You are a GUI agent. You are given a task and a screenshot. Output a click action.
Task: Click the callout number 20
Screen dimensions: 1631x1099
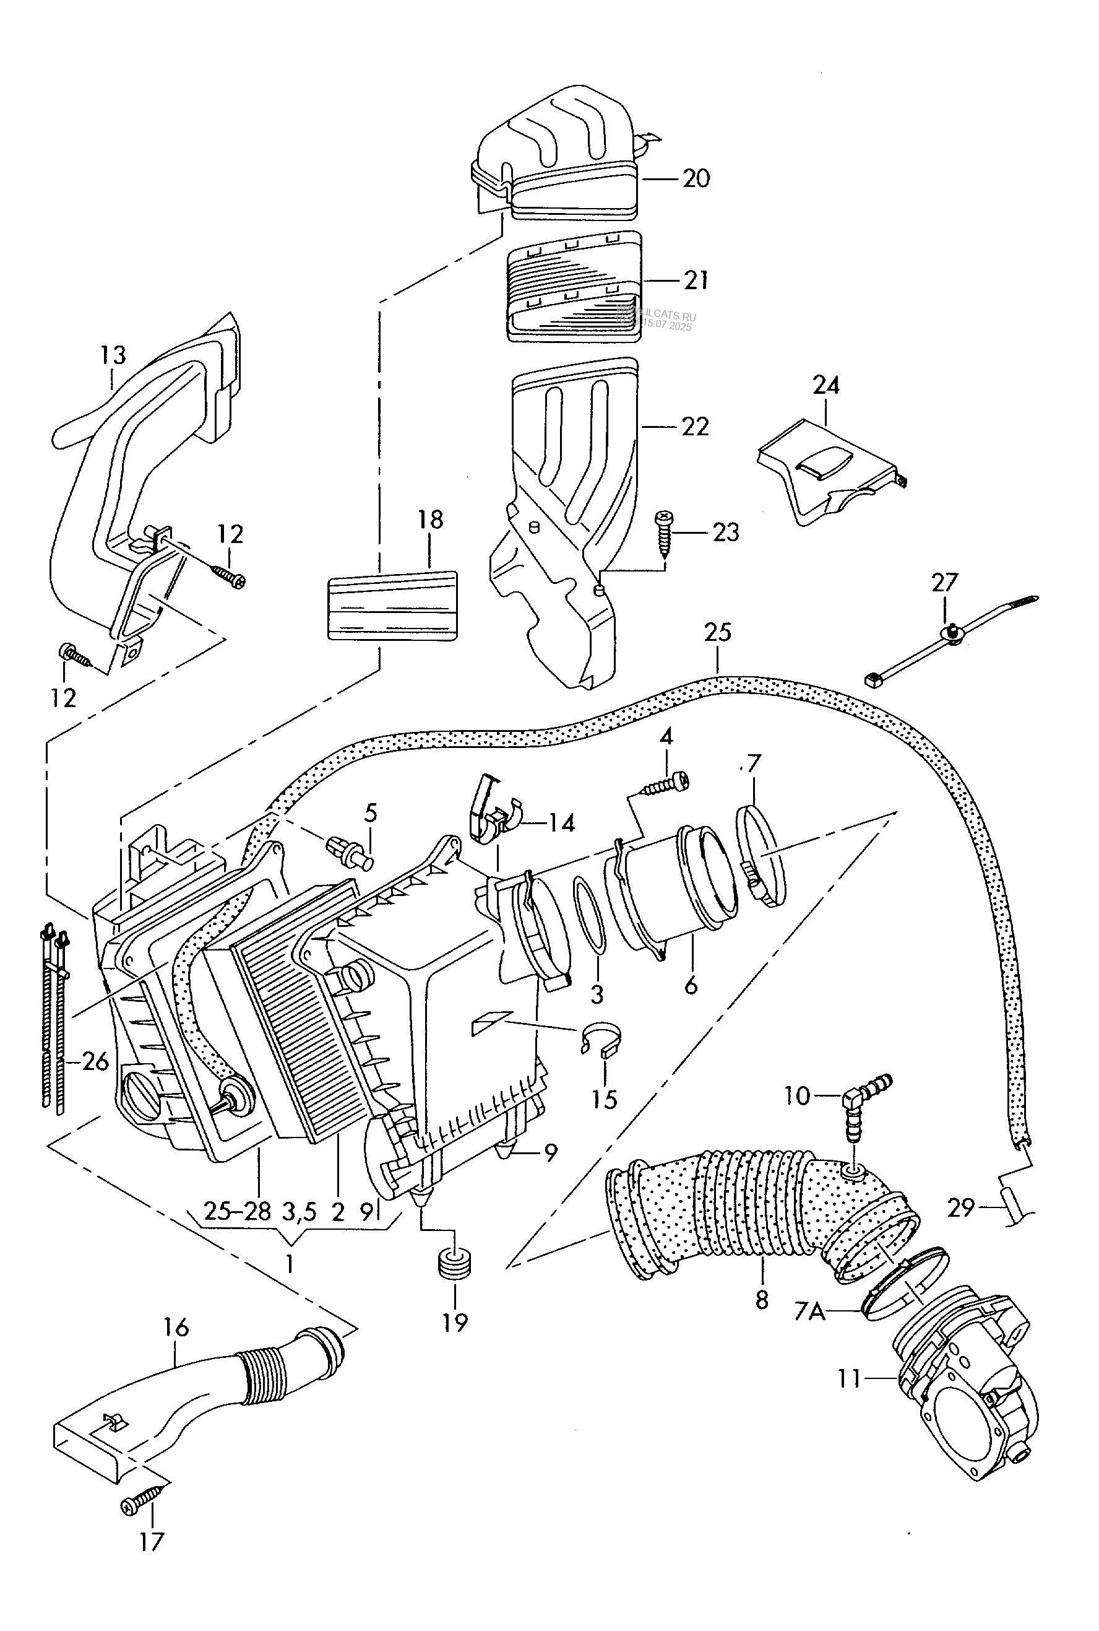tap(696, 179)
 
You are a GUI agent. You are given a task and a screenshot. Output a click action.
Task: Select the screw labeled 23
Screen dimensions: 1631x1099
tap(662, 533)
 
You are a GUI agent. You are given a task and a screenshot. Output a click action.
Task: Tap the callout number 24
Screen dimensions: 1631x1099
tap(825, 386)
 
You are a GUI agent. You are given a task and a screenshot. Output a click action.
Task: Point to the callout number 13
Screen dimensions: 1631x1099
tap(112, 355)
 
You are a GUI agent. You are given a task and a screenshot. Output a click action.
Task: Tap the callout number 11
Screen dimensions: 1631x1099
tap(849, 1379)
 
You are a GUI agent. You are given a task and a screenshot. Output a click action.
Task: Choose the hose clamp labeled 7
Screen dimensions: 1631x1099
tap(762, 859)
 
